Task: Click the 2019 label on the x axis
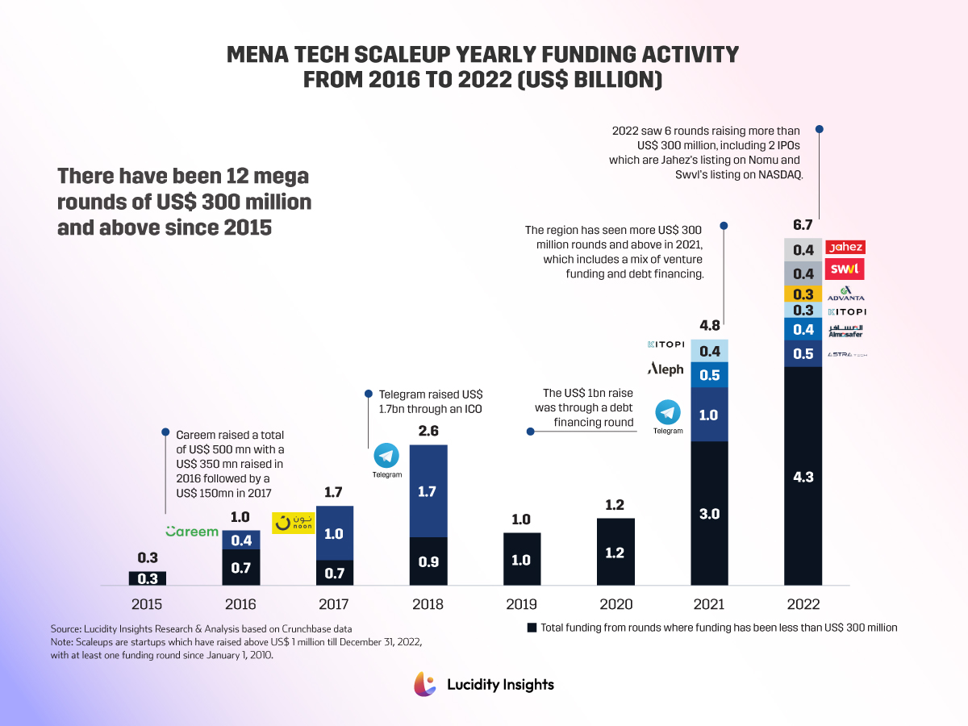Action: (x=521, y=604)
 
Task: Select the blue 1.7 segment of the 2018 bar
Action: (x=428, y=490)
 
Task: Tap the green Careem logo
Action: (x=192, y=532)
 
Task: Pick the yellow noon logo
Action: (x=293, y=523)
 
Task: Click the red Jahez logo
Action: (x=845, y=248)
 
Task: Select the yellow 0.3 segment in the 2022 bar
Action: (x=803, y=294)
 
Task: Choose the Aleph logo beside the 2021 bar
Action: (x=665, y=369)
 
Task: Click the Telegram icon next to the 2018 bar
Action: (x=386, y=457)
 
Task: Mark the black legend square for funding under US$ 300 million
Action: (x=531, y=627)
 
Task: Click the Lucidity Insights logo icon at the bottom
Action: (x=425, y=683)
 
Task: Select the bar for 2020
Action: (x=615, y=552)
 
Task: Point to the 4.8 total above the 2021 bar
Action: (x=710, y=326)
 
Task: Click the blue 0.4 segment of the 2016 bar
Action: (x=241, y=540)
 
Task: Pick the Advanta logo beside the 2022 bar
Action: (x=845, y=294)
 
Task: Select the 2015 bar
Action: (x=148, y=578)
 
